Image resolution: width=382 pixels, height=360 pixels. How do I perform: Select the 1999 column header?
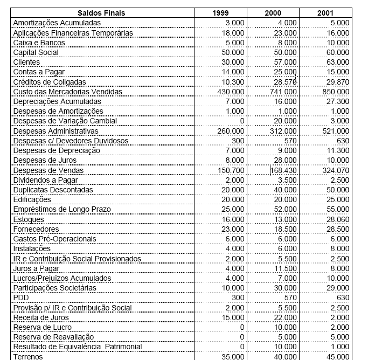(220, 13)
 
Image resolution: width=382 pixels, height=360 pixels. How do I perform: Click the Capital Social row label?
(36, 53)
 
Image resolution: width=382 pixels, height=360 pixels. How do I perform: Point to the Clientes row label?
(26, 63)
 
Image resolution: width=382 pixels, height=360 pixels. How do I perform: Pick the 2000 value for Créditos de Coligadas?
(286, 82)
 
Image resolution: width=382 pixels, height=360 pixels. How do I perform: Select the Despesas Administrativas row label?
(56, 131)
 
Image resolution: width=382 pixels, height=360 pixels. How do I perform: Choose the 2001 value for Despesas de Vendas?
(336, 170)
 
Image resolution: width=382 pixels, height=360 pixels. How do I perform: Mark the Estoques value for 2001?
(338, 220)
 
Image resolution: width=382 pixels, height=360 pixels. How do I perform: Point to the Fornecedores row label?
(36, 230)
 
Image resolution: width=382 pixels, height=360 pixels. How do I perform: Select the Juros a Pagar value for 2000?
(287, 268)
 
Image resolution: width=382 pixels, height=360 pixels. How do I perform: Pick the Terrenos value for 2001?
(338, 357)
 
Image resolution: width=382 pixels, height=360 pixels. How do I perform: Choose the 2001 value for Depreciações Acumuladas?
(338, 102)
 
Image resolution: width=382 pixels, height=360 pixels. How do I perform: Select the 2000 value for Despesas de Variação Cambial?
(286, 121)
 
